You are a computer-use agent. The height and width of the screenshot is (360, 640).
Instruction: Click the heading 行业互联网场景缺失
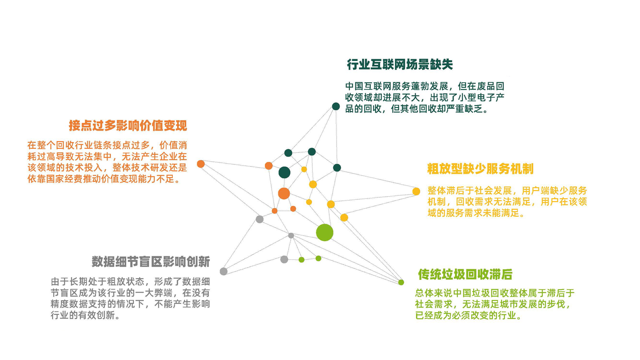(x=400, y=64)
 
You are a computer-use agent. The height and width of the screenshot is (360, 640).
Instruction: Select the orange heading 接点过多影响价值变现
(x=128, y=125)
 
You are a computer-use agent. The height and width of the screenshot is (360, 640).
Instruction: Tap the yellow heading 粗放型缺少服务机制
(x=480, y=169)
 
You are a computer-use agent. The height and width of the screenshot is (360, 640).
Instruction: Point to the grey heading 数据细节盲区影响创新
(x=151, y=261)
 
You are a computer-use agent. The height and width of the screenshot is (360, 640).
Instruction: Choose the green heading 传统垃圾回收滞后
(x=465, y=274)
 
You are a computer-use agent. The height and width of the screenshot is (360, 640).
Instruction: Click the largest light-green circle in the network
(x=325, y=232)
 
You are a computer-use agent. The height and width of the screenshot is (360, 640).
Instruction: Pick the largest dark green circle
(x=284, y=172)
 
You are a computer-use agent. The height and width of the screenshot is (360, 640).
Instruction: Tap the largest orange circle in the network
(x=284, y=193)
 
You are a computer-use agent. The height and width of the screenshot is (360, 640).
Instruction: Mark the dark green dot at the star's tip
(x=336, y=106)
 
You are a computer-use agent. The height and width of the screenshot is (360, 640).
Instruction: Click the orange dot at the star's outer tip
(x=201, y=164)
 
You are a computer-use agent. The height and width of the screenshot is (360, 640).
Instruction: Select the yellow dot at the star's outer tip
(x=416, y=192)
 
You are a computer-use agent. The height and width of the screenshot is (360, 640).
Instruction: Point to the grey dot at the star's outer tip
(x=224, y=271)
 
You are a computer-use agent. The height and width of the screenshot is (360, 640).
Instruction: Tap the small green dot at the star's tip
(x=401, y=282)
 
